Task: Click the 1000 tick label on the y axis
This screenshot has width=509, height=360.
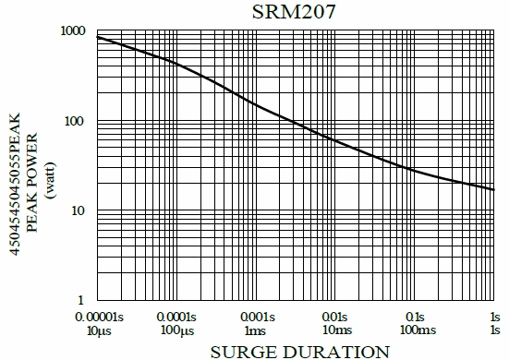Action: (72, 32)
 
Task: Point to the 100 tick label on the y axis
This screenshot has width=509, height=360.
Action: (76, 122)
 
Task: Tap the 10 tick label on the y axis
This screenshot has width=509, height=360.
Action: (79, 211)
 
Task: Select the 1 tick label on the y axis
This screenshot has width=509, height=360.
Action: (82, 301)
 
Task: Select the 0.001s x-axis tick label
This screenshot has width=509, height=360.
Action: (257, 316)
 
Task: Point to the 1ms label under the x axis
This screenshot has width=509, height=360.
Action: (257, 330)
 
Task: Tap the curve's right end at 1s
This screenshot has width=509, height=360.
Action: (495, 189)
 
